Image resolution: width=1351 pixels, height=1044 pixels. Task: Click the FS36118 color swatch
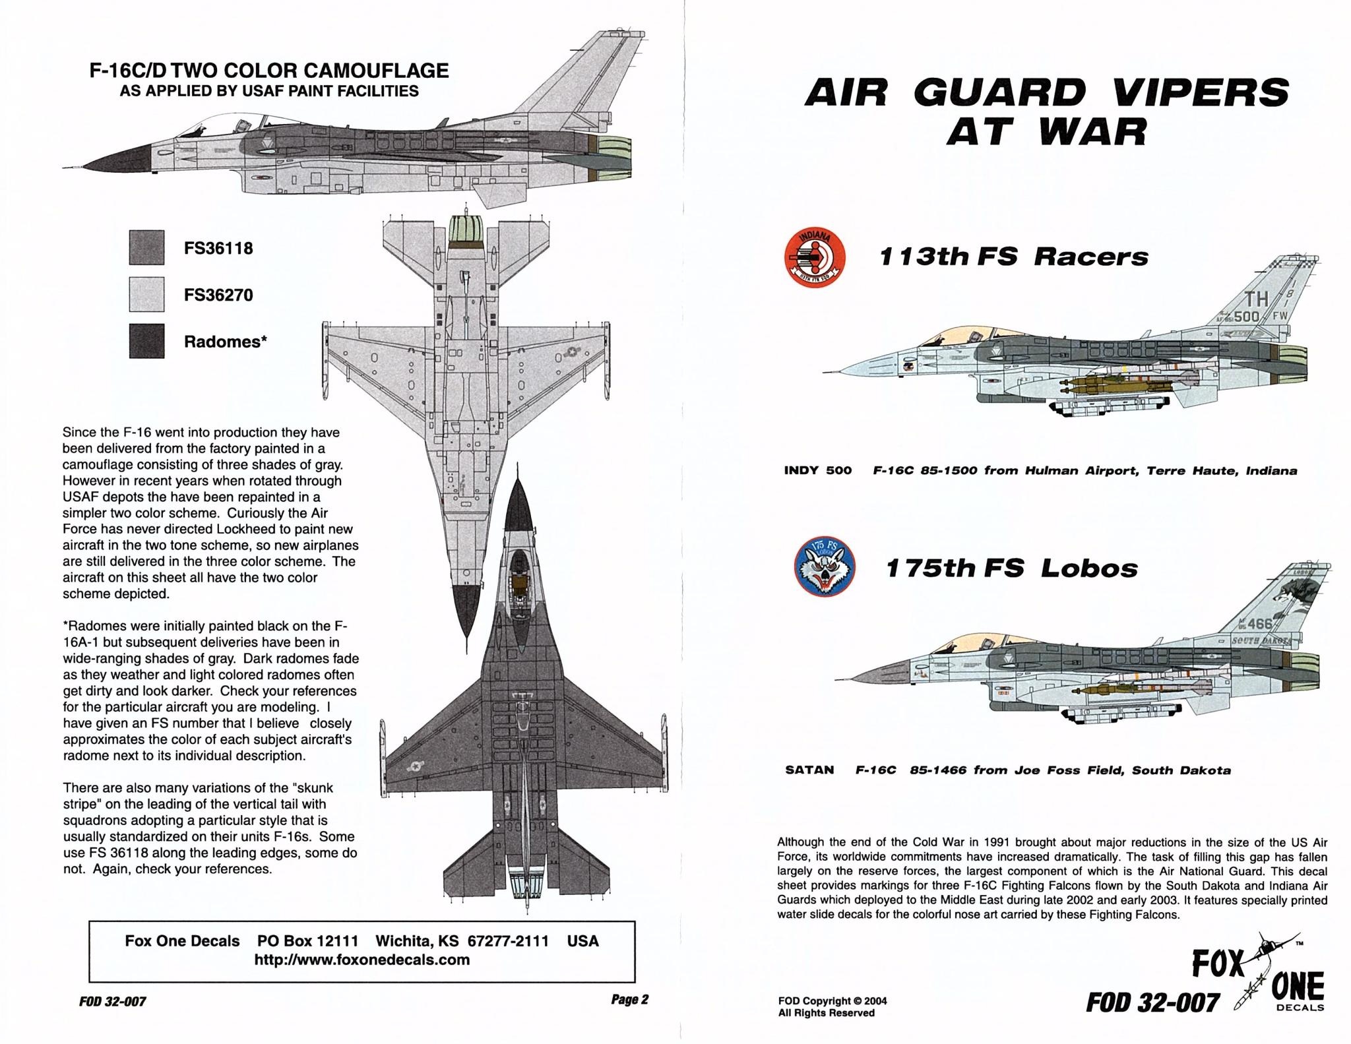(x=146, y=247)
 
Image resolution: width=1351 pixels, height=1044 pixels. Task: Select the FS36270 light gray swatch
(x=146, y=293)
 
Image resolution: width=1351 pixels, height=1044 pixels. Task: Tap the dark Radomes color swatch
(x=146, y=340)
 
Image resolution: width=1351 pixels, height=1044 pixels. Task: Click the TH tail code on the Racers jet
(x=1256, y=299)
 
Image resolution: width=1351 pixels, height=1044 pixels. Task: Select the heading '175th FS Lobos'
(x=1011, y=568)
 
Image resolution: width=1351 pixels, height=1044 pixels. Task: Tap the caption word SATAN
(x=809, y=770)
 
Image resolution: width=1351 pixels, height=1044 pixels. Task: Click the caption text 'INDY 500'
(x=817, y=471)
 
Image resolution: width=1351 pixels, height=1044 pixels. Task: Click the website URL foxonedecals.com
(x=362, y=960)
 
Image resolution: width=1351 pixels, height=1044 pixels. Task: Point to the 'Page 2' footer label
(x=629, y=1000)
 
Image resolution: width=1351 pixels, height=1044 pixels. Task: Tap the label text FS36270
(x=218, y=295)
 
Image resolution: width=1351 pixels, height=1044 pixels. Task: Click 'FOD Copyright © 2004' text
(x=833, y=1000)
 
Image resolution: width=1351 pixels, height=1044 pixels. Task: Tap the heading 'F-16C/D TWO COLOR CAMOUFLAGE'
(x=269, y=71)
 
